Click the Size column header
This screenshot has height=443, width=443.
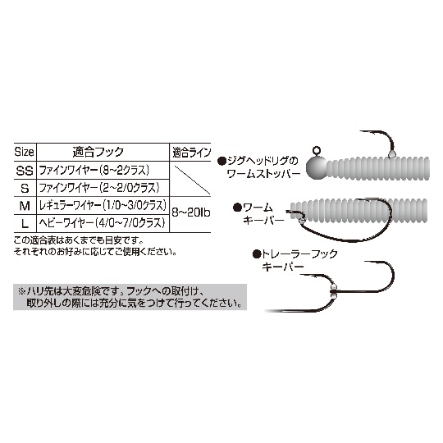point(24,153)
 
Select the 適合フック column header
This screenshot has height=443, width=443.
point(98,153)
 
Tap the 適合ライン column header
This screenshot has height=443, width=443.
point(191,153)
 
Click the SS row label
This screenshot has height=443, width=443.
point(25,171)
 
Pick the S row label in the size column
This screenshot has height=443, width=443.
point(25,189)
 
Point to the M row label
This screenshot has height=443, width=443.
point(25,206)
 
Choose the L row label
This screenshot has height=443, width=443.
point(25,224)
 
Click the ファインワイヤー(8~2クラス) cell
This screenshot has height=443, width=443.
point(94,171)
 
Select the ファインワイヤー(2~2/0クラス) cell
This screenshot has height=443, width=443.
point(99,188)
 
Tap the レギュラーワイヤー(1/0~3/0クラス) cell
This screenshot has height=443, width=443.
point(103,206)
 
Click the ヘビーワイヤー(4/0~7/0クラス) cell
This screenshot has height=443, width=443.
point(102,223)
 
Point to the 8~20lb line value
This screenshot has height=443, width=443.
point(191,212)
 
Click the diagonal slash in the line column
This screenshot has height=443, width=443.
point(193,180)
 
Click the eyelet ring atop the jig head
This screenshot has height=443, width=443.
point(317,150)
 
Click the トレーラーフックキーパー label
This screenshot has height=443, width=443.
point(295,260)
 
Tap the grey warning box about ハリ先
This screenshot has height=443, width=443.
point(130,297)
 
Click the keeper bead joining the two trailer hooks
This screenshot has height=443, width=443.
point(334,290)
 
